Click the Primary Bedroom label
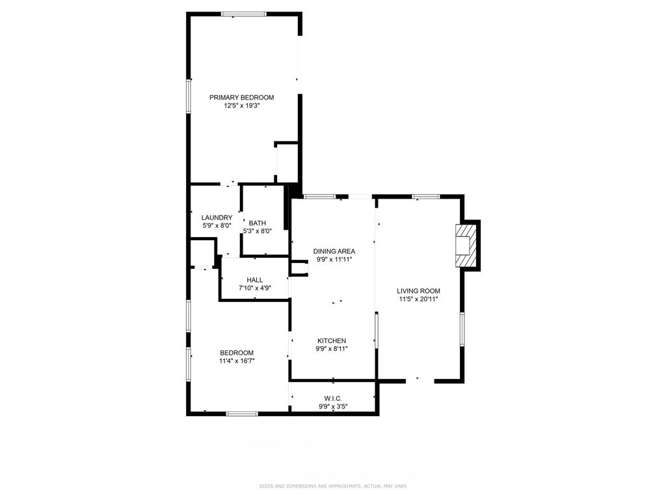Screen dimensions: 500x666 click(x=241, y=98)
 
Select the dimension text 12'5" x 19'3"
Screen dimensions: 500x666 click(x=241, y=105)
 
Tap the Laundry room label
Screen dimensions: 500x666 click(x=217, y=217)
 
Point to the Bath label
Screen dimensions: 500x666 click(x=257, y=223)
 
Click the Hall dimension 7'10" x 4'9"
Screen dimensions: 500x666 click(x=254, y=288)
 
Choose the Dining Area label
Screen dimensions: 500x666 click(x=334, y=251)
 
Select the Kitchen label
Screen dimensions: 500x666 click(x=332, y=340)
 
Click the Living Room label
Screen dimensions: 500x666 click(x=419, y=291)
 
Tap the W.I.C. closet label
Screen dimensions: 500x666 click(x=333, y=398)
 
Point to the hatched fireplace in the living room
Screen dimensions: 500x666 click(x=467, y=245)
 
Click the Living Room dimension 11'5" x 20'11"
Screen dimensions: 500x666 click(x=419, y=299)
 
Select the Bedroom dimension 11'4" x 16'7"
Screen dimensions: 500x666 click(x=236, y=361)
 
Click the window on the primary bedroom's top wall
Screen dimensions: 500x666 click(x=243, y=14)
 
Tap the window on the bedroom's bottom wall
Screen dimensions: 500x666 click(x=241, y=413)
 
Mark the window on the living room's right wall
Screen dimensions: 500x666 click(x=462, y=329)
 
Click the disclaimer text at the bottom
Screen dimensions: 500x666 click(x=332, y=486)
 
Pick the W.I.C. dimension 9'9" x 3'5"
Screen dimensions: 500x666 click(x=333, y=407)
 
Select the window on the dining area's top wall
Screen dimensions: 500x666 click(x=319, y=196)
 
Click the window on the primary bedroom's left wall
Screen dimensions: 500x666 click(x=189, y=96)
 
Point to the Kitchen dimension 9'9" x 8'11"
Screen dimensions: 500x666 click(x=332, y=349)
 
